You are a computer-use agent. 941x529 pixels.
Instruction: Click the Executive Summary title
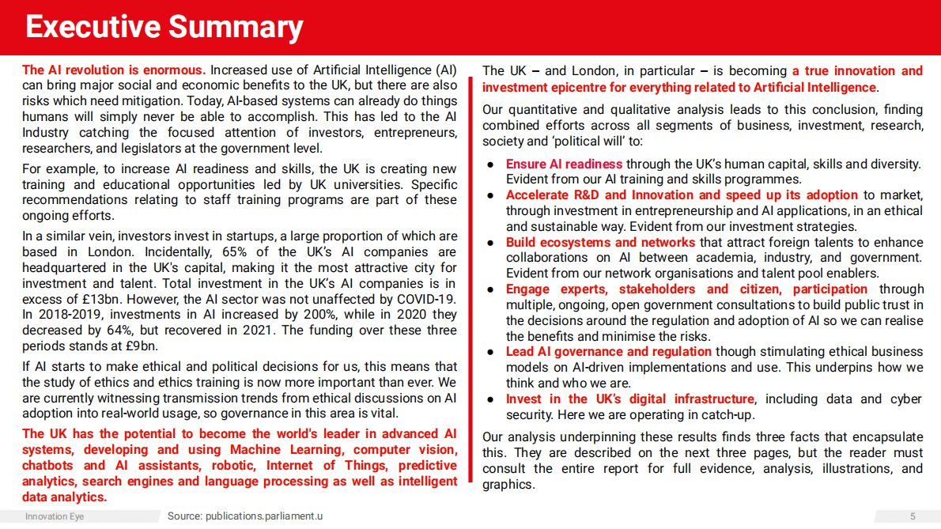[x=164, y=27]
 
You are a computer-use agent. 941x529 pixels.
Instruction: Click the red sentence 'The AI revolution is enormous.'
[x=114, y=70]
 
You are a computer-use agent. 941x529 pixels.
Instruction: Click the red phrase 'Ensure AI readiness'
[x=564, y=164]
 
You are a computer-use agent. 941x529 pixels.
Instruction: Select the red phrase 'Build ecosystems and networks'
[x=600, y=242]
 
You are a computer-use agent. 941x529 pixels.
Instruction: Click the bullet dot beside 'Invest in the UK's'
[x=490, y=399]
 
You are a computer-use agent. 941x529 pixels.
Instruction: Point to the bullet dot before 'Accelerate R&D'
[x=490, y=195]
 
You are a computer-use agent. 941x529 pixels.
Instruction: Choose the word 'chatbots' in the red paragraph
[x=47, y=465]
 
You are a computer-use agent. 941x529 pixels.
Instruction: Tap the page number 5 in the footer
[x=913, y=516]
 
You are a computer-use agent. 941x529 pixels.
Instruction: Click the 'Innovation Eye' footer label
[x=55, y=516]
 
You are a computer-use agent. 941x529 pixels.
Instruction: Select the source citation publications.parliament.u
[x=245, y=516]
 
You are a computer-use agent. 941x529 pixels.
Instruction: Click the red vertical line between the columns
[x=472, y=277]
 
